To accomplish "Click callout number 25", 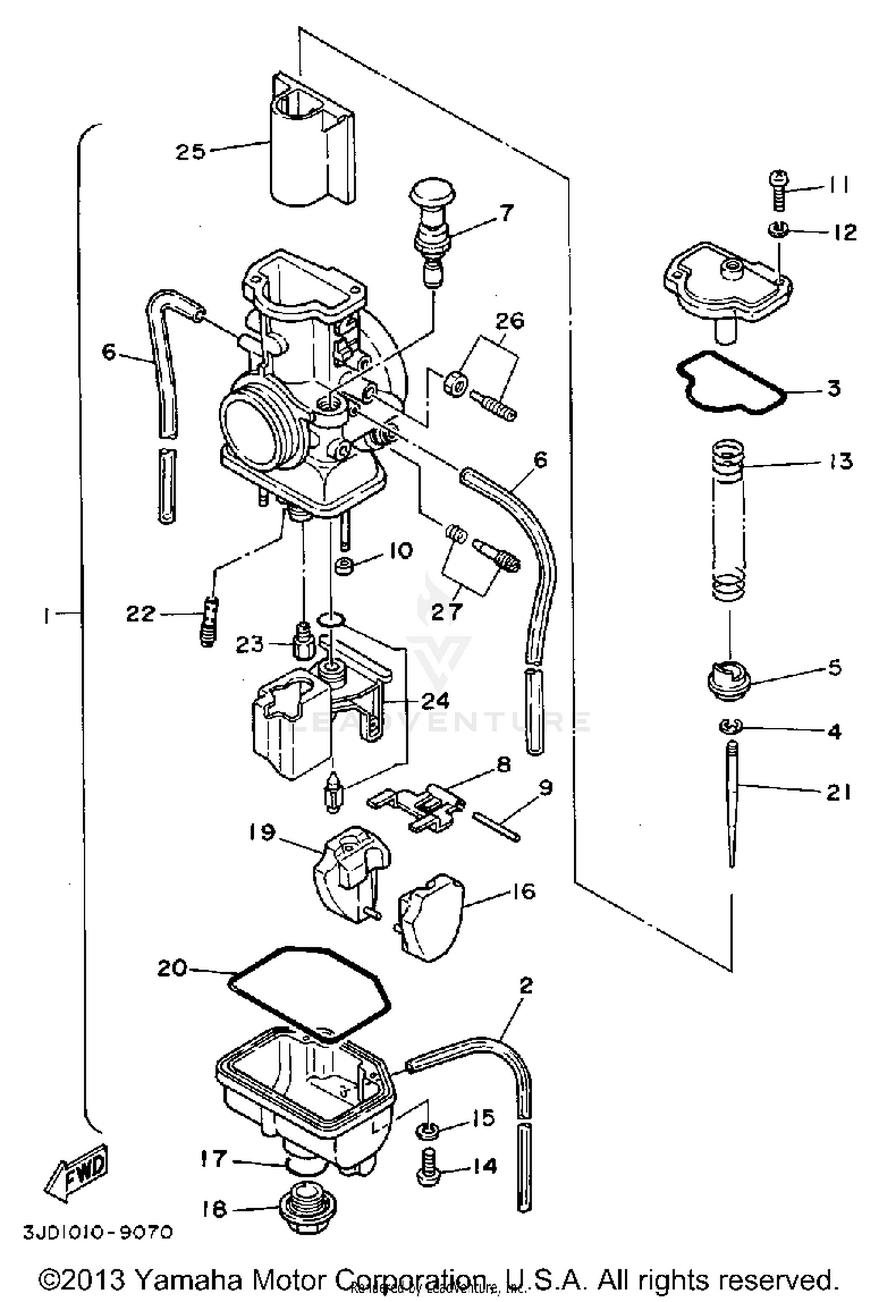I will click(191, 152).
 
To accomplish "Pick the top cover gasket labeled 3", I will click(732, 384).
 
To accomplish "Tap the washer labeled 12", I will click(778, 229).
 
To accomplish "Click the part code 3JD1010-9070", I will click(98, 1232).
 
